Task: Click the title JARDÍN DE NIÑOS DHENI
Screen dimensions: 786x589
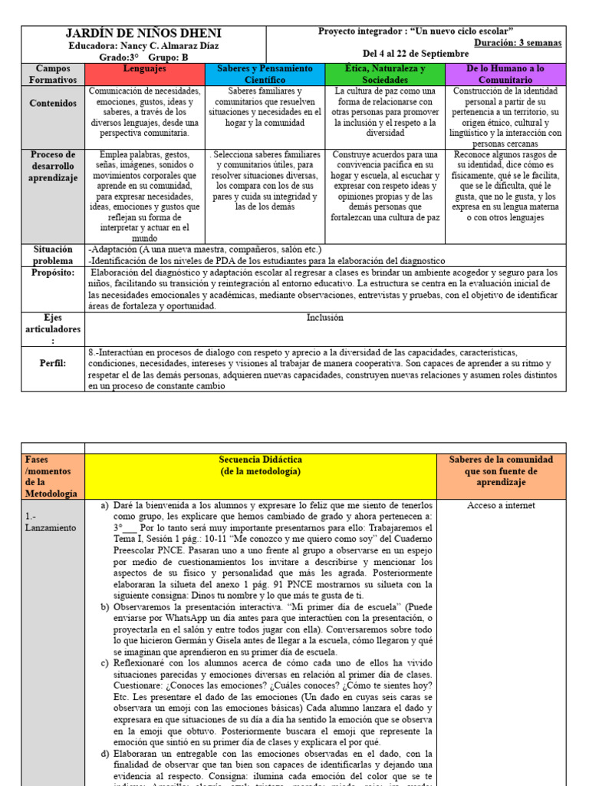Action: pos(144,33)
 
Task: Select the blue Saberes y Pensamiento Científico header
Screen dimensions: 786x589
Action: pos(265,74)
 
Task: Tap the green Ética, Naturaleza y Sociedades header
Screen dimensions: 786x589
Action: pos(384,74)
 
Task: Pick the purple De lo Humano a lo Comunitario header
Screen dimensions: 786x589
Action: pos(505,74)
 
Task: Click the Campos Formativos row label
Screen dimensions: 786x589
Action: pos(53,74)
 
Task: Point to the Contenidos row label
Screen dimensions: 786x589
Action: pos(53,103)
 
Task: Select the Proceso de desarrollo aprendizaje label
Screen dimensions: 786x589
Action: pos(53,167)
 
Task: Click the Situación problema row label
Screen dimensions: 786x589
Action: pos(53,255)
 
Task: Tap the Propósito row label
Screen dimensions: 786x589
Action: pos(53,272)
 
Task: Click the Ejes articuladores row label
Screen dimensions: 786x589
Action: pos(53,329)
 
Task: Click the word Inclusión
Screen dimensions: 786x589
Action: pos(325,317)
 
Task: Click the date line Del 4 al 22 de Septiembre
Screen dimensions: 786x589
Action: pos(415,54)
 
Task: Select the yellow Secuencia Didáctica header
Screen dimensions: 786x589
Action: pos(260,465)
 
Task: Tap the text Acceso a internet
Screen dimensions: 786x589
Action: pos(500,506)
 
